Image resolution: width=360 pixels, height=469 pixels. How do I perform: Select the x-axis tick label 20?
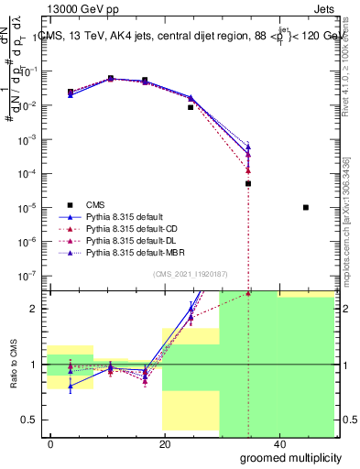click(x=164, y=443)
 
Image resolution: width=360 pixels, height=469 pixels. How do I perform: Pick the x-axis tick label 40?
click(x=278, y=443)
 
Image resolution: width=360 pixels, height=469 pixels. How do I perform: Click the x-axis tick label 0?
click(x=50, y=443)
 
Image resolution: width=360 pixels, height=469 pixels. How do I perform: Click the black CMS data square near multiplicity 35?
click(x=248, y=183)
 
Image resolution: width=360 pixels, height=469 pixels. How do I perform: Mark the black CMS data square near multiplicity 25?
click(x=191, y=107)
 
